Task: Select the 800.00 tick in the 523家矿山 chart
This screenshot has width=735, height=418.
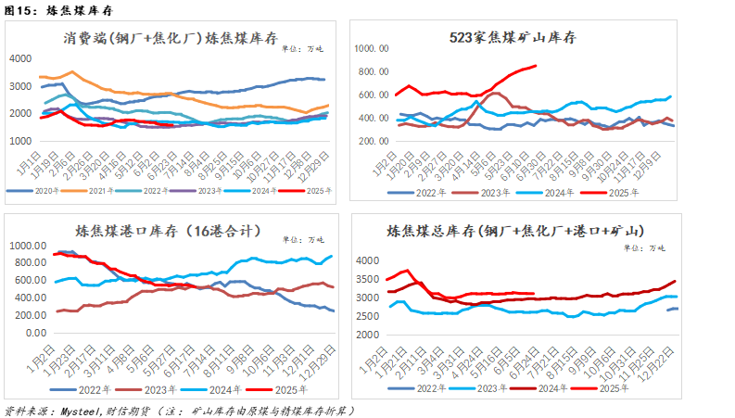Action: pos(371,71)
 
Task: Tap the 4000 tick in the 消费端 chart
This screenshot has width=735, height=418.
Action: pos(21,58)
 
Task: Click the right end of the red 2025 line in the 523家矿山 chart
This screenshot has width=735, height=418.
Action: pos(536,66)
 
